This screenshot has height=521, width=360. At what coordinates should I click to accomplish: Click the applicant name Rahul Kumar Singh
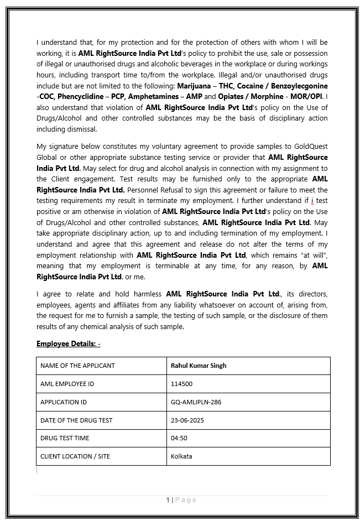pos(199,366)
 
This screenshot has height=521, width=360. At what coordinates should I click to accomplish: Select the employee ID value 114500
pos(182,384)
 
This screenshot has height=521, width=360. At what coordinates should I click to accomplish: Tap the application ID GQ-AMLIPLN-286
pos(196,402)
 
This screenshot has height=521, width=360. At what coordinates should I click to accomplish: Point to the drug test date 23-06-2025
pos(187,420)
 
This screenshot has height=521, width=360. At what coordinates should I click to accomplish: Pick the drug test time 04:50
pos(179,438)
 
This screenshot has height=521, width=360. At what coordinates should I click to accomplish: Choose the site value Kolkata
pos(182,456)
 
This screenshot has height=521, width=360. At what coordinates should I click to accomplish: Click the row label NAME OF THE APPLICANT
pos(77,366)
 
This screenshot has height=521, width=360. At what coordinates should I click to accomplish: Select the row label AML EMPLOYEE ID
pos(67,384)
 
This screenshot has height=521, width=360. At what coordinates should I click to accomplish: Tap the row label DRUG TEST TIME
pos(65,438)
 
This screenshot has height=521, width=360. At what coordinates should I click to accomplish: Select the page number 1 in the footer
pos(168,500)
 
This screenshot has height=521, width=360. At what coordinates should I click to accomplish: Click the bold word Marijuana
pos(194,86)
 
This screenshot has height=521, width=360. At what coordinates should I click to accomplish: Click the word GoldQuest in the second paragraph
pos(310,147)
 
